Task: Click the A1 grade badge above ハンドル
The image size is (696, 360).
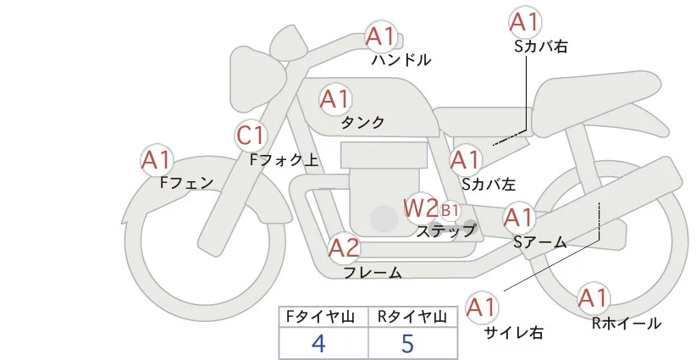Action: point(380,36)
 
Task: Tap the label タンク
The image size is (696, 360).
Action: point(362,123)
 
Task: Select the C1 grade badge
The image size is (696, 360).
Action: point(251,135)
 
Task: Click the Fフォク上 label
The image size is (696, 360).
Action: point(284,158)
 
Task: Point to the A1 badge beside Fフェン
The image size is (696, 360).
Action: point(157,159)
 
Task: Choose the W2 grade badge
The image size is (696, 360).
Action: point(420,207)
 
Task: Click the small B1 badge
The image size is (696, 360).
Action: point(450,209)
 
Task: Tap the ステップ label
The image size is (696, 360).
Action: point(446,230)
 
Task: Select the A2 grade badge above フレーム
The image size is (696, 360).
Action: point(344,248)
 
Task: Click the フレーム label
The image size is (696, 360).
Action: point(373,273)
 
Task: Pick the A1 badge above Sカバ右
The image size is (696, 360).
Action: point(524,22)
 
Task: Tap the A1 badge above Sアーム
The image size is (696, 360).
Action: point(518,218)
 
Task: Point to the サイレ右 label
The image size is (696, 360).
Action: point(514,332)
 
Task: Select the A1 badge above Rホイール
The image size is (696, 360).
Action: point(593,298)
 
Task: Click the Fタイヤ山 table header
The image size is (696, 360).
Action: point(323,317)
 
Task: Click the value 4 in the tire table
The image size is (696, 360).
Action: point(318,343)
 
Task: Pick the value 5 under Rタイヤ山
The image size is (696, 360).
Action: point(407,343)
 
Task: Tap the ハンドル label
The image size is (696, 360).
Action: point(401,60)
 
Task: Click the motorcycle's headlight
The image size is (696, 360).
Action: point(256,69)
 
